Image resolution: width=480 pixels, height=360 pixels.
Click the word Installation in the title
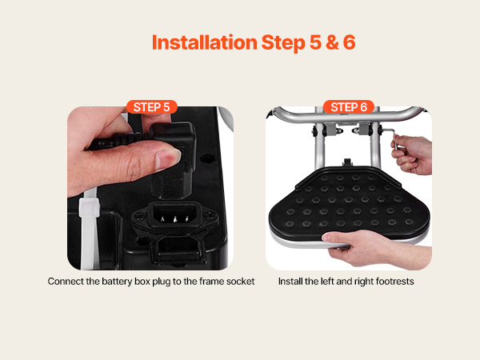205,42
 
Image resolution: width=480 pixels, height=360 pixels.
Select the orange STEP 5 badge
152,107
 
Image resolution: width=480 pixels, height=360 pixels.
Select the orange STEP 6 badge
349,107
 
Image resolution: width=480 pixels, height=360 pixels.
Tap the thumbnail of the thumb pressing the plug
167,158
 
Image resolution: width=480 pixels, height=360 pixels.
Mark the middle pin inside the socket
174,218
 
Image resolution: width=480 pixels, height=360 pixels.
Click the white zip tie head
89,207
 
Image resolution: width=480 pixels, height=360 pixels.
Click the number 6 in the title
349,42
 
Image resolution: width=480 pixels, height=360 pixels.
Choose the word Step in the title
283,43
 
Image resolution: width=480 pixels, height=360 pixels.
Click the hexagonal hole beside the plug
207,159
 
